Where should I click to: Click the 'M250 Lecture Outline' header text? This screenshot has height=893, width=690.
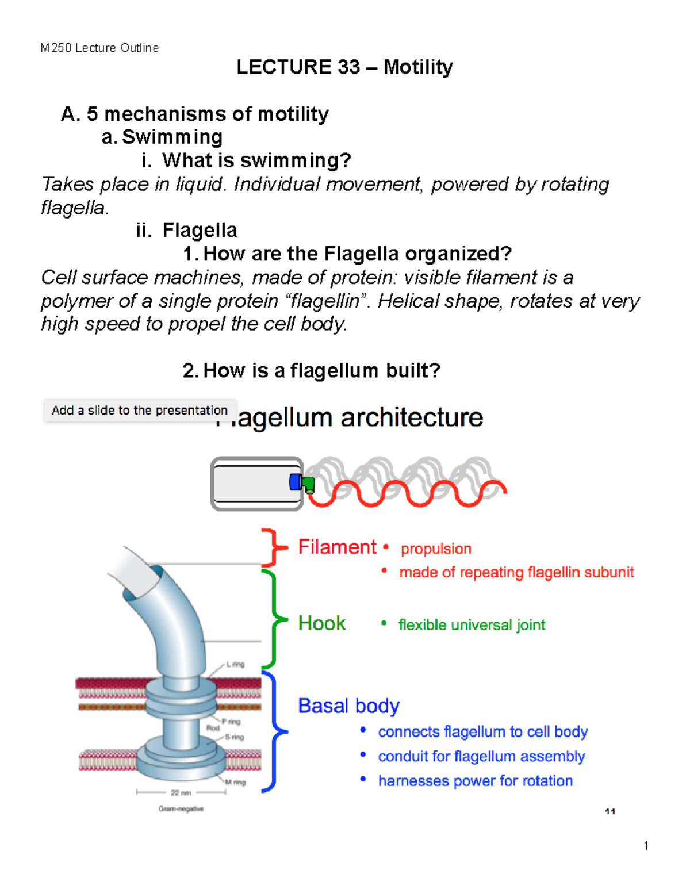pyautogui.click(x=99, y=48)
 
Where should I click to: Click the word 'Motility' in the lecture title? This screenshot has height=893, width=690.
pyautogui.click(x=418, y=67)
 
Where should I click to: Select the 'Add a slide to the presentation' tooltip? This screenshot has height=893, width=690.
pyautogui.click(x=140, y=411)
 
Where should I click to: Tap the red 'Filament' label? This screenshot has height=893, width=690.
pyautogui.click(x=337, y=547)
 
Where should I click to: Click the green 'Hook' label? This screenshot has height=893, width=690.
pyautogui.click(x=321, y=623)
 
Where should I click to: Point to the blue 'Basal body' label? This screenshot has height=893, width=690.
pyautogui.click(x=348, y=706)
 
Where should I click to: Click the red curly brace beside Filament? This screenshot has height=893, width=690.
pyautogui.click(x=273, y=547)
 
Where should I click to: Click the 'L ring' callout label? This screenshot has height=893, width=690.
pyautogui.click(x=235, y=664)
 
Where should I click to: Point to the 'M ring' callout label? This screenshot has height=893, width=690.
pyautogui.click(x=235, y=782)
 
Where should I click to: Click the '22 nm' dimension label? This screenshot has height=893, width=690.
pyautogui.click(x=181, y=793)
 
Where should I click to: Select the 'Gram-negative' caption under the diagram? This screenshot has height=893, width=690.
pyautogui.click(x=181, y=808)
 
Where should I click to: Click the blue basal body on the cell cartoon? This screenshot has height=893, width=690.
pyautogui.click(x=296, y=482)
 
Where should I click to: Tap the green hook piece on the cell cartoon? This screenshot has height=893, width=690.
pyautogui.click(x=309, y=485)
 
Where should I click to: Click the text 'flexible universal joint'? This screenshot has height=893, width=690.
pyautogui.click(x=471, y=625)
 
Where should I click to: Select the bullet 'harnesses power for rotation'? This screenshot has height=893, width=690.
pyautogui.click(x=475, y=781)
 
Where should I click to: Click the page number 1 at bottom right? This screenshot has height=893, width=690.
pyautogui.click(x=646, y=845)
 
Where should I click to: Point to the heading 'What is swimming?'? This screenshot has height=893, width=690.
pyautogui.click(x=256, y=160)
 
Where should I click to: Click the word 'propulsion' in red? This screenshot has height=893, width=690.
pyautogui.click(x=436, y=549)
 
